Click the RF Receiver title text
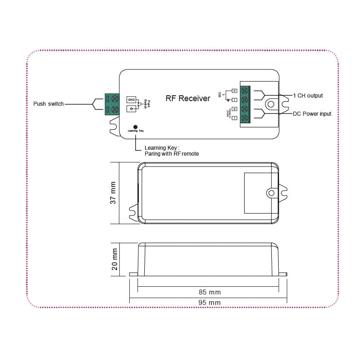(x=187, y=98)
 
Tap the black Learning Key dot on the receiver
(x=135, y=127)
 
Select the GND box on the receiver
(x=131, y=100)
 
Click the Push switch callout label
(x=49, y=104)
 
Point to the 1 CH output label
(x=308, y=95)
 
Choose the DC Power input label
(x=312, y=113)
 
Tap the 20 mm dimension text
(x=114, y=259)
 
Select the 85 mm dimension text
(x=210, y=292)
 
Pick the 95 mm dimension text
(x=210, y=302)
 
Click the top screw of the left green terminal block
(x=115, y=98)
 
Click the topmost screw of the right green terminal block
(x=245, y=90)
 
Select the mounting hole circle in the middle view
(x=271, y=193)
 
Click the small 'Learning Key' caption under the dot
(x=135, y=131)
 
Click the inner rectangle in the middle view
(x=261, y=193)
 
